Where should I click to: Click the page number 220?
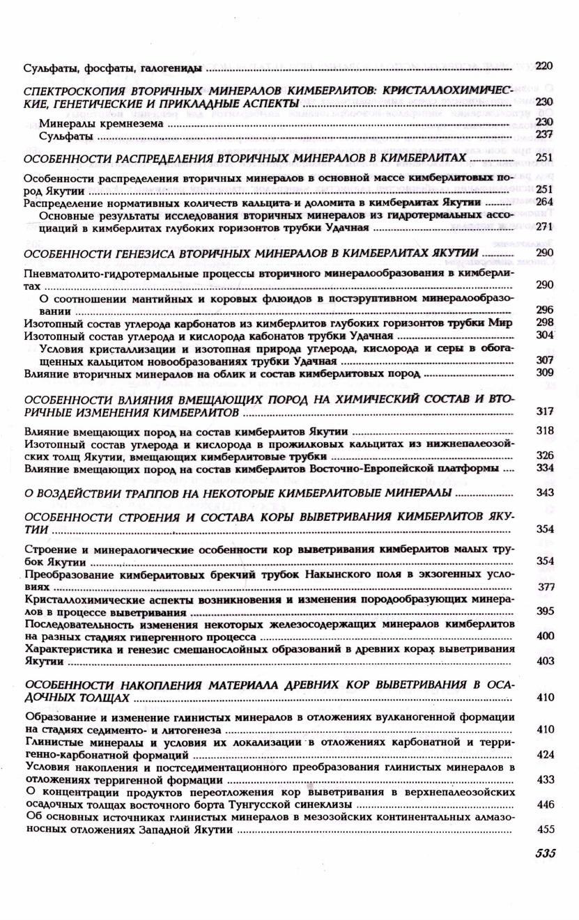pyautogui.click(x=544, y=66)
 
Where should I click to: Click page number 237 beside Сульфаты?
pyautogui.click(x=545, y=135)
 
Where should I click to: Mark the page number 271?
pyautogui.click(x=545, y=226)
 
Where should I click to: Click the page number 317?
pyautogui.click(x=545, y=411)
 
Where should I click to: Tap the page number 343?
pyautogui.click(x=545, y=493)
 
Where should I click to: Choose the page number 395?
pyautogui.click(x=545, y=611)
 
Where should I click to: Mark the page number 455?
pyautogui.click(x=545, y=830)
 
